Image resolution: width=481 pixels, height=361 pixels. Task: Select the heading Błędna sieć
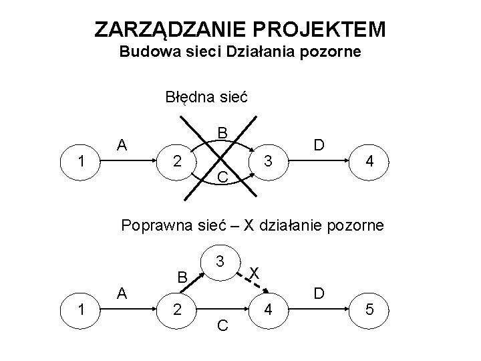206,97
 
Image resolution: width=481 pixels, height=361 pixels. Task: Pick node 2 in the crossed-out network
176,160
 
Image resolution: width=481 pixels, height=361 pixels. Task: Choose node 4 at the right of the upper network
367,161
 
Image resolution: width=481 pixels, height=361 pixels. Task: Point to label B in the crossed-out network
222,132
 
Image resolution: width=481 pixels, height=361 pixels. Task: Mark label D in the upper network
319,144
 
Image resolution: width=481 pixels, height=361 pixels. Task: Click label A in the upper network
122,144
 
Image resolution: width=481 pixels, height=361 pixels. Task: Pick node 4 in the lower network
268,310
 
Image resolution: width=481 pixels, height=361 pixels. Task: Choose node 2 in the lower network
176,310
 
